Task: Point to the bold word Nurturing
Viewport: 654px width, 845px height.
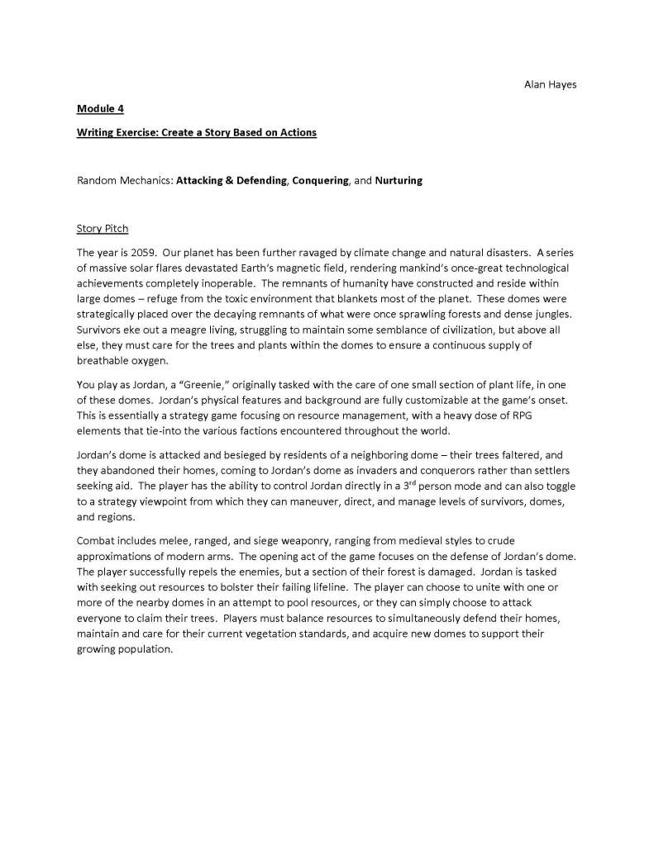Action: [x=399, y=180]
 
